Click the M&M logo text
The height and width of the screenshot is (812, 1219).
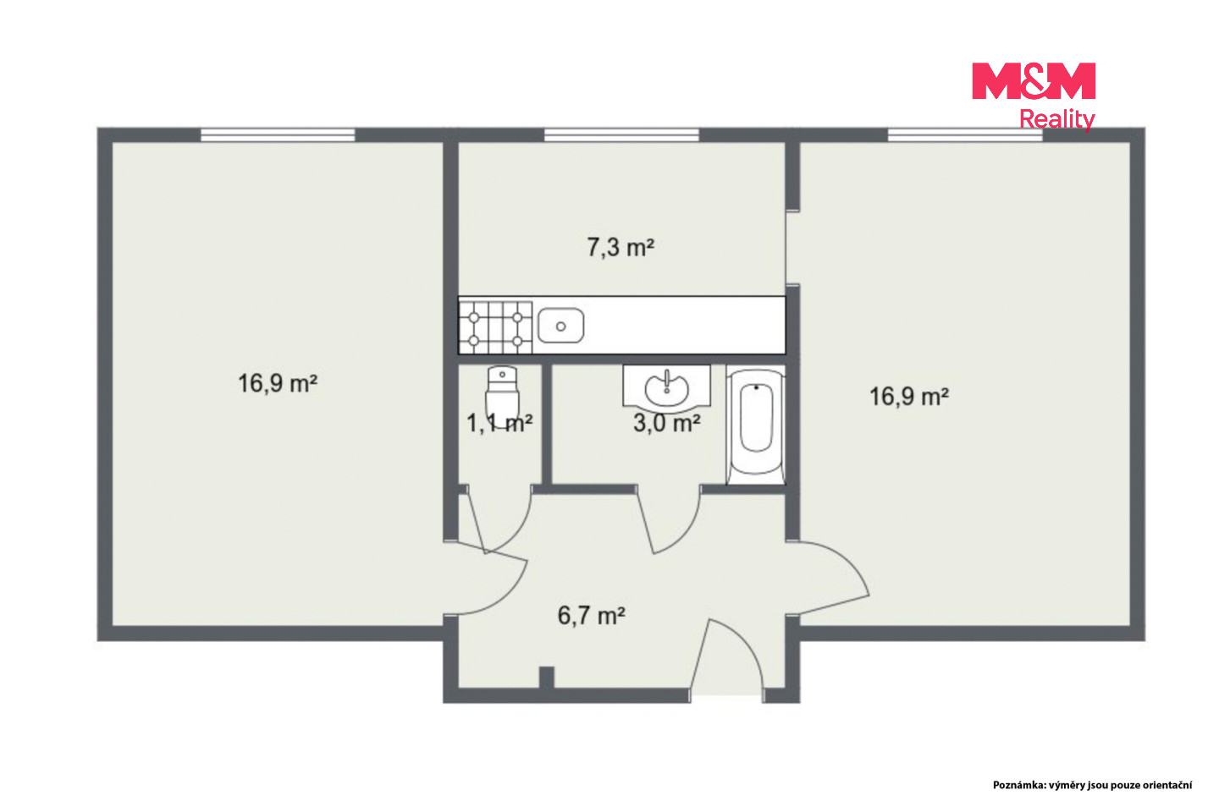pos(1034,81)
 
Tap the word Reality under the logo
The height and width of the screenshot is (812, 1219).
pos(1056,119)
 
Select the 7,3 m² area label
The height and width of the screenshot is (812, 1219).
pos(621,248)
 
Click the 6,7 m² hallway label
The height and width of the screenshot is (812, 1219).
pos(592,616)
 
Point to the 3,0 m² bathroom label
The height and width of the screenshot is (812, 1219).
pos(667,423)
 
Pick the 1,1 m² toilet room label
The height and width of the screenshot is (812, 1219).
pos(499,423)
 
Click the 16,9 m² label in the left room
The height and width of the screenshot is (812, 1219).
pos(278,383)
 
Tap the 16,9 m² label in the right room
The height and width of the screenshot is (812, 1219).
pos(909,397)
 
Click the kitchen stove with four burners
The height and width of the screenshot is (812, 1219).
pos(495,327)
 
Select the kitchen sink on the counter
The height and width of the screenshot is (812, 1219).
pos(561,326)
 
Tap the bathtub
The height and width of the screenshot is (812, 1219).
pos(756,426)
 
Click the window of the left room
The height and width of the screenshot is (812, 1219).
pos(278,134)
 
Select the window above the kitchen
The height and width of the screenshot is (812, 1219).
pos(621,134)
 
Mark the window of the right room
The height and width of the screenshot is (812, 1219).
pos(965,134)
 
